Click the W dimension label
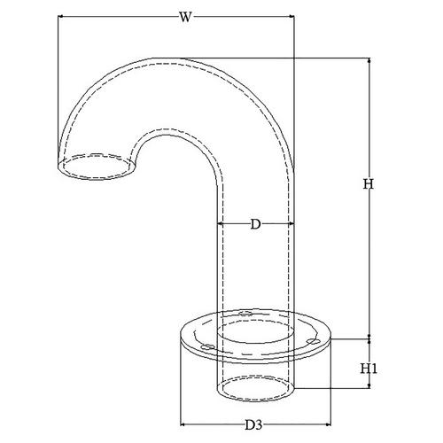click(185, 17)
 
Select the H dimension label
click(369, 184)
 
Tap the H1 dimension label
click(369, 369)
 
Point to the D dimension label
click(256, 224)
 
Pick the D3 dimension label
click(254, 425)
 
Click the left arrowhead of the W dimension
click(60, 17)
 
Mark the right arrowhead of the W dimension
click(291, 17)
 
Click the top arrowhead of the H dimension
click(369, 61)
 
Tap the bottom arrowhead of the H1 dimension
click(369, 385)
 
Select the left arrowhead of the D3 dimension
click(183, 424)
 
